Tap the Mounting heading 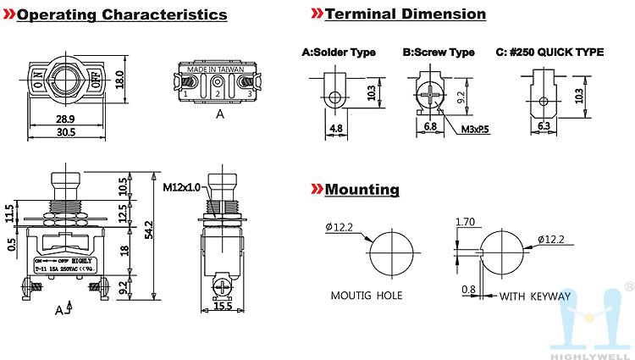pos(362,189)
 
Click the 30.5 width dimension pos(67,132)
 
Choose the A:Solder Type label pos(339,52)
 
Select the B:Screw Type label pos(439,52)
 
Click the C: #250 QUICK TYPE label pos(549,52)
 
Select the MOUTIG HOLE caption pos(367,296)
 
